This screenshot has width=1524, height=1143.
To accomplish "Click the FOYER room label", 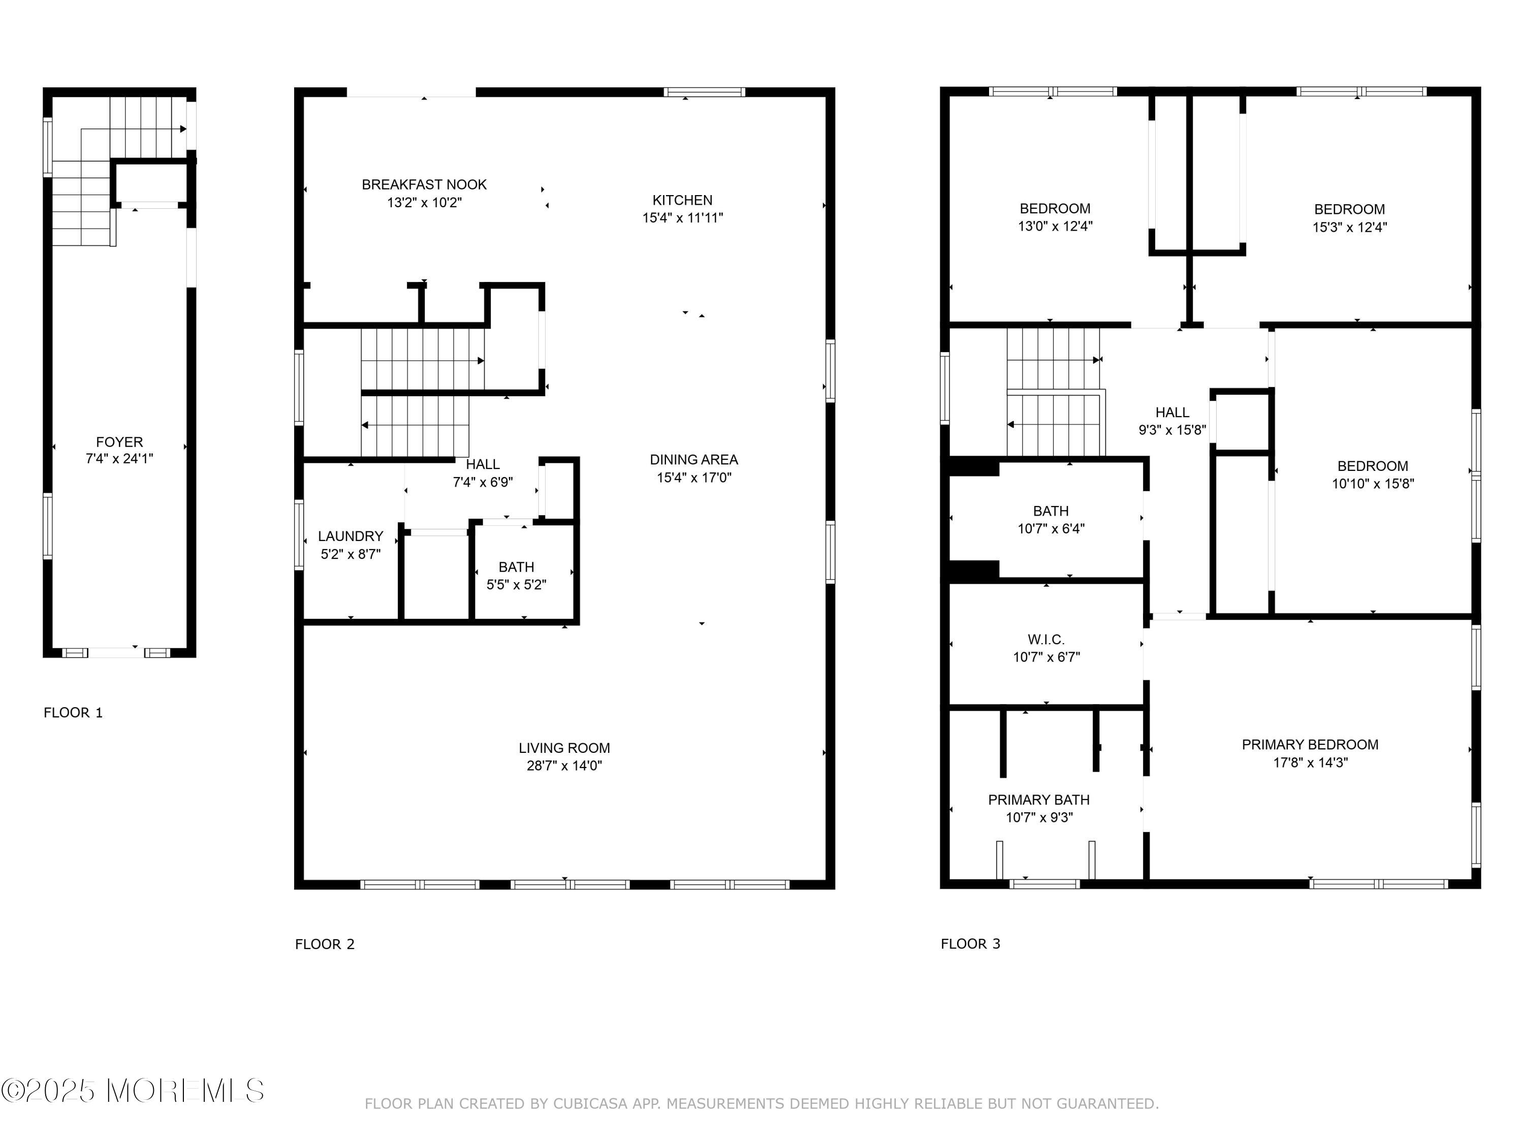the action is point(119,451).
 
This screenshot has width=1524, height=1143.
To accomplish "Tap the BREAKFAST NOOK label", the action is point(424,194).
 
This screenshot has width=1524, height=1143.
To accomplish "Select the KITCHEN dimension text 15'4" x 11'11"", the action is point(683,218).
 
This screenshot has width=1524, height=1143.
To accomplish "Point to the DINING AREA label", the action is point(694,468).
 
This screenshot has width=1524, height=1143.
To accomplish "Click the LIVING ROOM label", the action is point(564,756).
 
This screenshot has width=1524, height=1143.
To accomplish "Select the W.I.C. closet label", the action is point(1046,648).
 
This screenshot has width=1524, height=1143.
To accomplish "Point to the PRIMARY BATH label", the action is point(1039,809).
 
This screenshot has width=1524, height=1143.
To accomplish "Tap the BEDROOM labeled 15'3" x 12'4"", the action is point(1350,218).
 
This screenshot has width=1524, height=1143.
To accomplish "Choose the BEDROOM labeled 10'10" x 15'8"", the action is point(1373,474).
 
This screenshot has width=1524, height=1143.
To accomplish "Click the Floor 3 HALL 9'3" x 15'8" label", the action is point(1172,421).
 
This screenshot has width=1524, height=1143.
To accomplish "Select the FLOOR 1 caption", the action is point(73,712).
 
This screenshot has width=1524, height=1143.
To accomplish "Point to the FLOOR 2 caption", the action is point(325,944).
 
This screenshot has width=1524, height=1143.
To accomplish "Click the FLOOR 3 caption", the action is point(971,944).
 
